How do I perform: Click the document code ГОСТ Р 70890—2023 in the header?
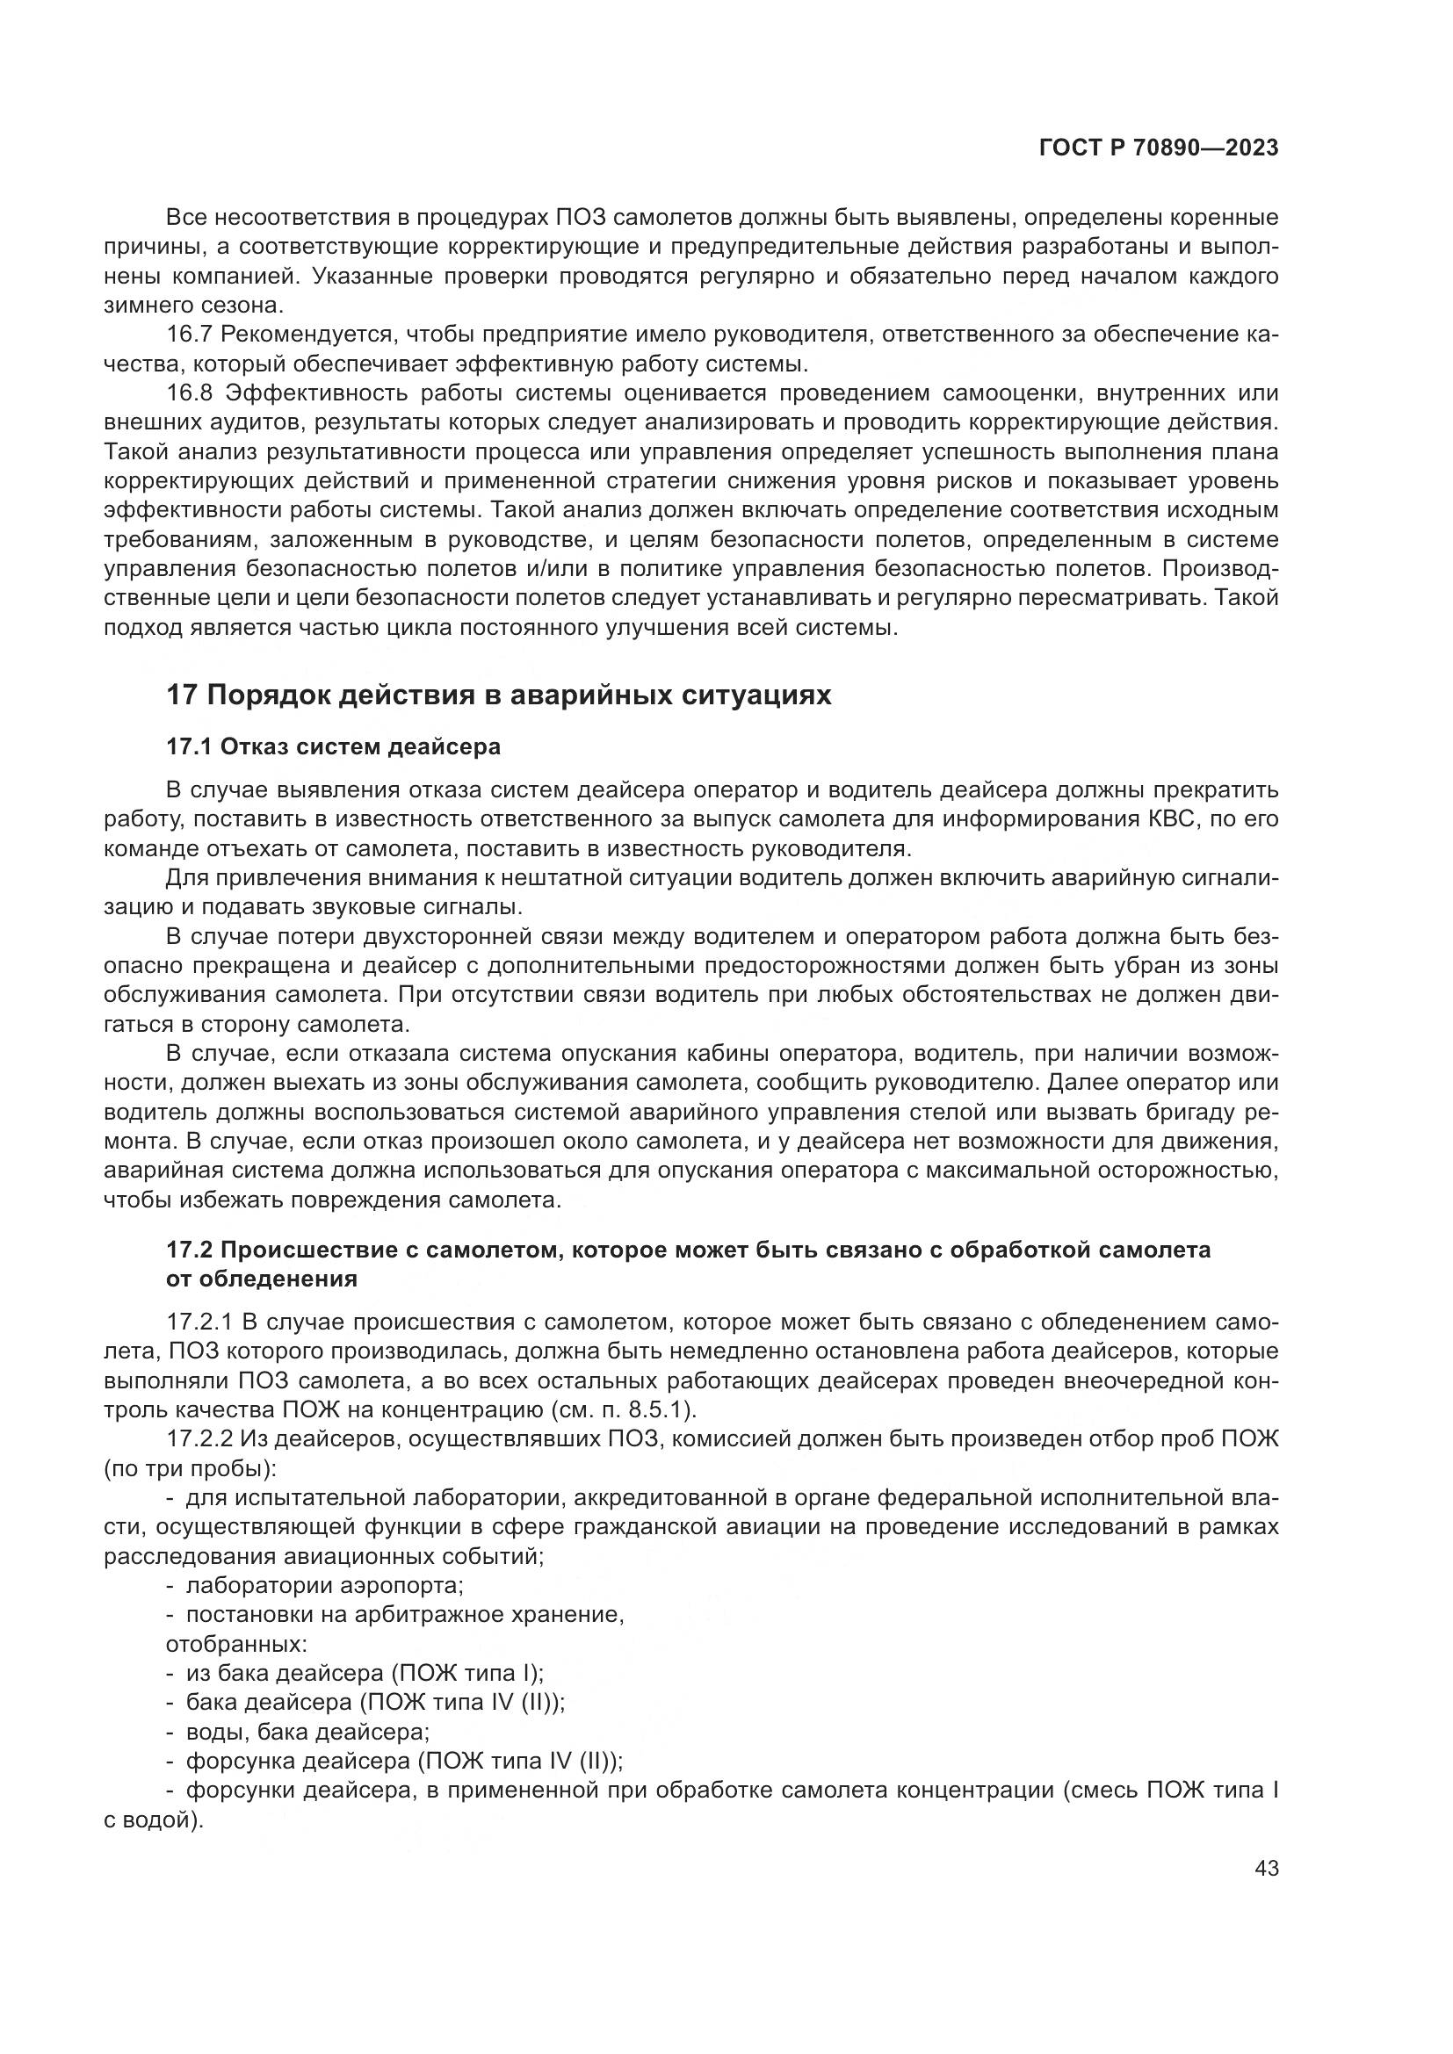coord(1158,148)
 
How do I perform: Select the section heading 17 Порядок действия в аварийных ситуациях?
coord(498,695)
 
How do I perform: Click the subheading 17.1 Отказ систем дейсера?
coord(333,746)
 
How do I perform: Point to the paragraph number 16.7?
coord(189,335)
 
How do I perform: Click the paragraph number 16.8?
coord(189,393)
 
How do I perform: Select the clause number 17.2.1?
coord(200,1322)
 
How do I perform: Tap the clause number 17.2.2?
coord(200,1439)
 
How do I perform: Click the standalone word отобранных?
coord(236,1644)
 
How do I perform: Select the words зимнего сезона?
coord(192,305)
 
